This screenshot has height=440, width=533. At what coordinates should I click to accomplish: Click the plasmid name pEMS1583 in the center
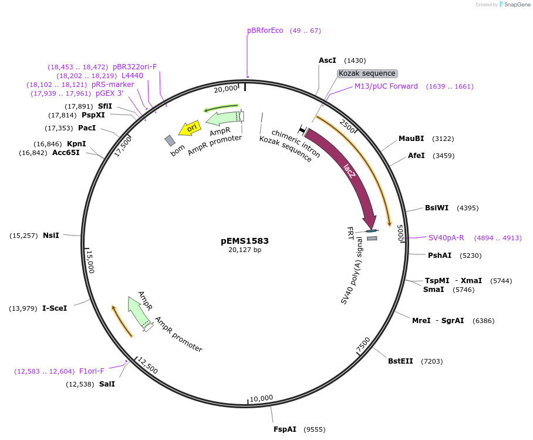tap(245, 241)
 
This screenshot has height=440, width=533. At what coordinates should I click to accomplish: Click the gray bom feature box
tap(170, 140)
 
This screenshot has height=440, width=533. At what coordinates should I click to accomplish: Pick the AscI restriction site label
tap(328, 61)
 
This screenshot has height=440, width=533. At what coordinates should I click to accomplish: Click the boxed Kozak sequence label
tap(367, 73)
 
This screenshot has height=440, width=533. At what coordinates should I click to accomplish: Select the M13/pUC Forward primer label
tap(386, 86)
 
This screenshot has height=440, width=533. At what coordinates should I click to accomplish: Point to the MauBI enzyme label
tap(411, 139)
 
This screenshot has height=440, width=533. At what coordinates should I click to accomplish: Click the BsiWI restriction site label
tap(437, 208)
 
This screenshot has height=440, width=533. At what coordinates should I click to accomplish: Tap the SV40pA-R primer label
tap(446, 238)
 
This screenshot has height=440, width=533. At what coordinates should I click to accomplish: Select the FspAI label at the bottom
tap(285, 429)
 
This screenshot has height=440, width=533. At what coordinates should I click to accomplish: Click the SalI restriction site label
tap(107, 384)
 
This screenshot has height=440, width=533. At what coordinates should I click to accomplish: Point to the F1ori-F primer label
tap(92, 371)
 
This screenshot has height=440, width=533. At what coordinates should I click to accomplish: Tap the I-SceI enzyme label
tap(55, 308)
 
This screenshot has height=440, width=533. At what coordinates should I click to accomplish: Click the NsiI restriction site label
tap(51, 236)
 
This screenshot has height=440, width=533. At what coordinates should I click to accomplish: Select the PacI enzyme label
tap(87, 128)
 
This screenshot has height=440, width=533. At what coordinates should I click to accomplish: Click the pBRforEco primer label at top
tap(265, 31)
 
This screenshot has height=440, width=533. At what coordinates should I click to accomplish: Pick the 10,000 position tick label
tap(262, 398)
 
